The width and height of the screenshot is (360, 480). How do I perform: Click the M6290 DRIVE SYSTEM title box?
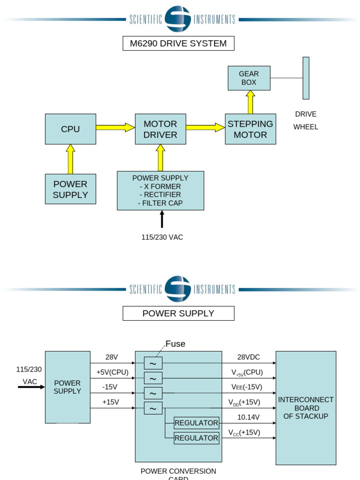coord(178,44)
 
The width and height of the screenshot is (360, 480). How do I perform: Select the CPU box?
coord(70,129)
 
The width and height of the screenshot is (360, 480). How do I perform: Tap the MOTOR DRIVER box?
coord(160,129)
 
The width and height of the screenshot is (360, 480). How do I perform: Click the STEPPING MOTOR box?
coord(250,129)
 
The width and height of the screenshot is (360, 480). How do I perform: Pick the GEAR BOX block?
coord(249,78)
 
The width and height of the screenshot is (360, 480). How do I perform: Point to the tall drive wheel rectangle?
coord(306,78)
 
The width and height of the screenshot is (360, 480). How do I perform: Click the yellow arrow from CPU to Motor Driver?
coord(115,127)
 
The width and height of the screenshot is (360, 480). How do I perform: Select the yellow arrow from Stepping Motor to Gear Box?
coord(250,102)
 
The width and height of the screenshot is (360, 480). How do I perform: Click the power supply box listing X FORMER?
coord(160,190)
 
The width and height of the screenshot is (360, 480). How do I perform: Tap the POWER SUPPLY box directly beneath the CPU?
coord(70,189)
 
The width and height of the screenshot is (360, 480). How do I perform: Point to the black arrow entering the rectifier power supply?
coord(162,219)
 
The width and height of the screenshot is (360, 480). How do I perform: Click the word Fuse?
coord(175,344)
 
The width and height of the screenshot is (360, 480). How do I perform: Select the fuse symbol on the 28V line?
coord(153,363)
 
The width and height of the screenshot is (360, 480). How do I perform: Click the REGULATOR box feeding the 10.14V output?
coord(196,423)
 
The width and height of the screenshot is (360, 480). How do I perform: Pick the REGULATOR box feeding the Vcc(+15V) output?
coord(196,438)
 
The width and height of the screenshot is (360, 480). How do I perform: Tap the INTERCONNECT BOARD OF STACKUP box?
coord(306,408)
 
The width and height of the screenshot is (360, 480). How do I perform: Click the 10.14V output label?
coord(248,417)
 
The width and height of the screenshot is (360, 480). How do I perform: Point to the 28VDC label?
coord(248,357)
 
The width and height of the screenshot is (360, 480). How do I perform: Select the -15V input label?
coord(110,387)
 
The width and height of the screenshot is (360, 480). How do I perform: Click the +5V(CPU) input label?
coord(112,372)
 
